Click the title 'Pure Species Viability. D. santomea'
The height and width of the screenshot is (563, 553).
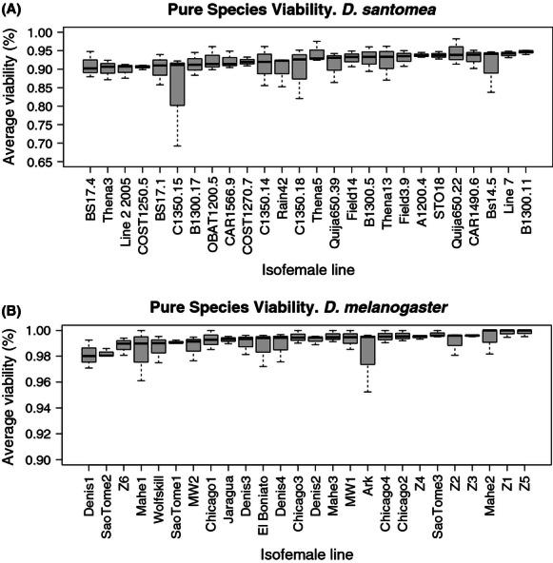tap(307, 10)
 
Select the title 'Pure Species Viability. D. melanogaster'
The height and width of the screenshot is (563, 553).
tap(306, 306)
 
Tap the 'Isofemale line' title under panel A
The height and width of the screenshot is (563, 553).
tap(306, 270)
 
